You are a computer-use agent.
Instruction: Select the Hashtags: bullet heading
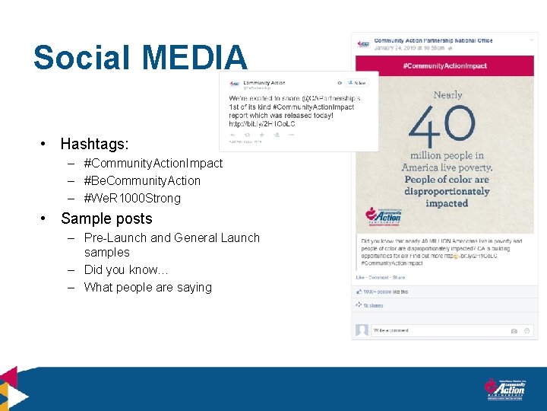click(x=94, y=144)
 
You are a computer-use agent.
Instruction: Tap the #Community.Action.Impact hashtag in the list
click(x=153, y=164)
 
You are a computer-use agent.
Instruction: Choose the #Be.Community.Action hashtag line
click(x=142, y=181)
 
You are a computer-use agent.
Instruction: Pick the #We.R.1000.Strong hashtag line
click(x=132, y=199)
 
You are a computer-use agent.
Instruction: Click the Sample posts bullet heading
click(x=106, y=219)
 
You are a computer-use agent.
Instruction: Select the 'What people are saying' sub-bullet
click(x=147, y=288)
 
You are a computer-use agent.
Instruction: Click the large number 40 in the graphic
click(x=446, y=126)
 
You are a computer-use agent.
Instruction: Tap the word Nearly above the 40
click(x=447, y=95)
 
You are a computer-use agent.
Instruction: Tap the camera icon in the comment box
click(x=514, y=331)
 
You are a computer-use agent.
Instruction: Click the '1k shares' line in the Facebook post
click(x=374, y=306)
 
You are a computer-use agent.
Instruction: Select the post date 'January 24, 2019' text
click(x=395, y=48)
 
